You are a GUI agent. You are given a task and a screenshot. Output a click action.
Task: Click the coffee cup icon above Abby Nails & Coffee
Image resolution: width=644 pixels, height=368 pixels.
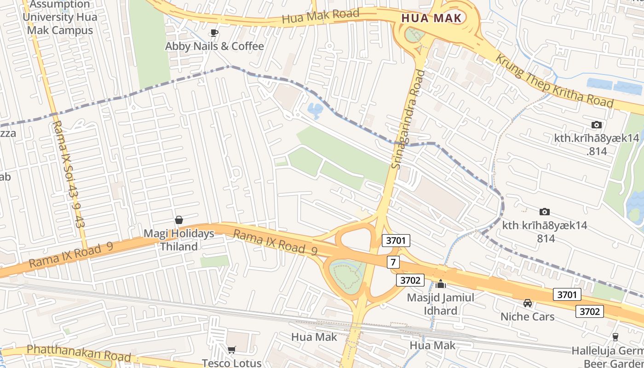[x=214, y=32]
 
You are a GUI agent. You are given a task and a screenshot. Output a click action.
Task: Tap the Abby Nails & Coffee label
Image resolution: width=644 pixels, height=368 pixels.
[x=214, y=46]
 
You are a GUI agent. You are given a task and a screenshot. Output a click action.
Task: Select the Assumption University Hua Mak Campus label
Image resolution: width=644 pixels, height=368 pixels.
[x=58, y=17]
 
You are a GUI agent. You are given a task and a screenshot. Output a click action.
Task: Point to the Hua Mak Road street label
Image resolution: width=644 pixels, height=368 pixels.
[x=321, y=17]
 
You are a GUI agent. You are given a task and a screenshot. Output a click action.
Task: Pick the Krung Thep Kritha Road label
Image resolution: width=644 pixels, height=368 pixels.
[x=554, y=81]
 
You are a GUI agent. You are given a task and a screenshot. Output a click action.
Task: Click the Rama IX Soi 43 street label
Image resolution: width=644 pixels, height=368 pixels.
[x=68, y=175]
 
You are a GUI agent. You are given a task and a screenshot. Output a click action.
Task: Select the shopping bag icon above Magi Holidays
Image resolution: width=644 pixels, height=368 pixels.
[x=179, y=220]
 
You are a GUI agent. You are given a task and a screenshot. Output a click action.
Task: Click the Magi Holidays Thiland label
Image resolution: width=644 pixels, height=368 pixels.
[x=179, y=240]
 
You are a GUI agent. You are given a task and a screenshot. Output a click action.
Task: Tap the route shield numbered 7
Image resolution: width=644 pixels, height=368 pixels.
[x=392, y=263]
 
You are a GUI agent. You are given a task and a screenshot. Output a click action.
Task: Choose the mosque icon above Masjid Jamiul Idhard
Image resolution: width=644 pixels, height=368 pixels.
[x=441, y=284]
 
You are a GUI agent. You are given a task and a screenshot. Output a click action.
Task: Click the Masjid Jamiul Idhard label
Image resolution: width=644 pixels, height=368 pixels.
[x=441, y=304]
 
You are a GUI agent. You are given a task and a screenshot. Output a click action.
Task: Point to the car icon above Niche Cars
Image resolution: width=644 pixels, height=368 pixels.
[x=528, y=303]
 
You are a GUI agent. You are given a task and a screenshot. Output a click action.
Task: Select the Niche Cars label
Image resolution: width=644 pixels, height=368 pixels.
[x=528, y=317]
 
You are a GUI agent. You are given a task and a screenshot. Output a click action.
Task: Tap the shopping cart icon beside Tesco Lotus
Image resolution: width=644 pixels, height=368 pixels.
[x=232, y=350]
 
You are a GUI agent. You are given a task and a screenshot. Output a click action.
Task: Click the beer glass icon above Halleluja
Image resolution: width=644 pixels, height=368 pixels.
[x=615, y=337]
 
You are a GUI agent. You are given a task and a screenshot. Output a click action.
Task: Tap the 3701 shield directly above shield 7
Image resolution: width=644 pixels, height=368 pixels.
[x=396, y=240]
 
